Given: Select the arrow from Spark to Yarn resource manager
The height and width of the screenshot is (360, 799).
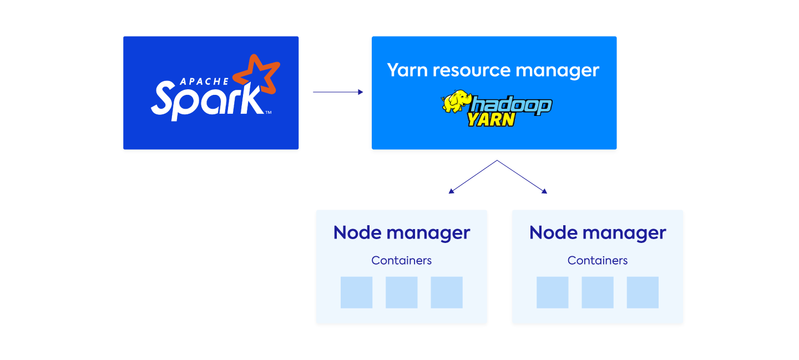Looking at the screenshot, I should click(x=338, y=92).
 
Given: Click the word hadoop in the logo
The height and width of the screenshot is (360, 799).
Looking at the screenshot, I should click(x=512, y=105).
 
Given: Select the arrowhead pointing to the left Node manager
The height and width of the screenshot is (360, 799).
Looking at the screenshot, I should click(x=451, y=191).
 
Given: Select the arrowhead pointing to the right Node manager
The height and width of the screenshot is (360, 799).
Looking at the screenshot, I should click(x=544, y=191).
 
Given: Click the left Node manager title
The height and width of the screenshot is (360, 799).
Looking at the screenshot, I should click(x=402, y=233).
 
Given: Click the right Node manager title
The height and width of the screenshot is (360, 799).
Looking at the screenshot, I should click(x=598, y=233).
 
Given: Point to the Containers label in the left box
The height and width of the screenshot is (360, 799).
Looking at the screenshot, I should click(x=402, y=260).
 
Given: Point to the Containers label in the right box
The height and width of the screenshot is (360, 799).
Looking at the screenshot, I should click(x=598, y=260).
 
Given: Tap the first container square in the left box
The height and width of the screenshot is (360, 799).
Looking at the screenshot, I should click(x=356, y=292).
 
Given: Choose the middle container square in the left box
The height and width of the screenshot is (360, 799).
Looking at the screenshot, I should click(x=402, y=292).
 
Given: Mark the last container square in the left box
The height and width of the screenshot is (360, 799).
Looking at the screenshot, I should click(x=447, y=292).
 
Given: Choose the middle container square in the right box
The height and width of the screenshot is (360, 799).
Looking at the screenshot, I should click(x=598, y=292).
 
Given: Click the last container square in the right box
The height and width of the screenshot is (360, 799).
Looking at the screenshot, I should click(x=643, y=292).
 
